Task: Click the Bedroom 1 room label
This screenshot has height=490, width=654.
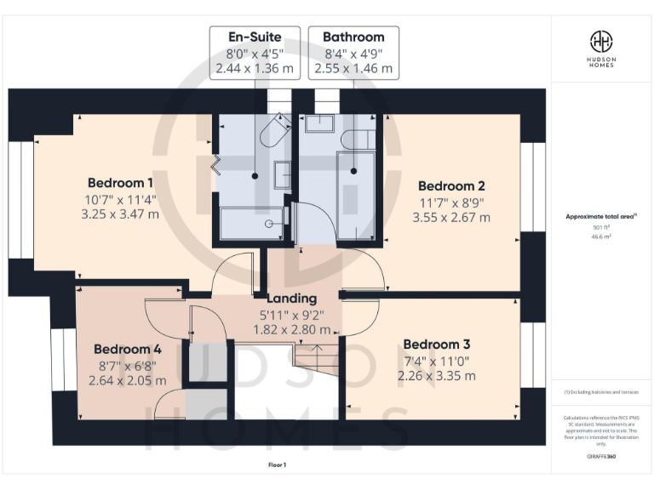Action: (x=121, y=183)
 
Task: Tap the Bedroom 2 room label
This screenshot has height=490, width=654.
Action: (x=451, y=186)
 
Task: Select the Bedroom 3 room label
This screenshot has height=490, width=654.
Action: (x=436, y=345)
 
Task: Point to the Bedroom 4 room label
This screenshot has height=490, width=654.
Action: (x=128, y=349)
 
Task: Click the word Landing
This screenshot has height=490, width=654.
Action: (x=291, y=299)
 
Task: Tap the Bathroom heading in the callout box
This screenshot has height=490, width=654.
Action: (x=353, y=37)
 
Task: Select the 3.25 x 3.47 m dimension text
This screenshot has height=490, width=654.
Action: (x=121, y=214)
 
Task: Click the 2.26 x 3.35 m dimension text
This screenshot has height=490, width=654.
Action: (x=436, y=375)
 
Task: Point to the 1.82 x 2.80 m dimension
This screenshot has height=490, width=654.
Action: (x=291, y=329)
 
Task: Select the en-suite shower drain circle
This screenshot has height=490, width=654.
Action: (x=269, y=224)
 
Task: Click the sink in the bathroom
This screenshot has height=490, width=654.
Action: (x=319, y=124)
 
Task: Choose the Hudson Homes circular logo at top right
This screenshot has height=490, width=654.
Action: (x=602, y=41)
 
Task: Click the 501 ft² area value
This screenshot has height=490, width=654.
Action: (x=602, y=228)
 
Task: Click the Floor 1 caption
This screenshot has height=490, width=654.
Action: (x=278, y=465)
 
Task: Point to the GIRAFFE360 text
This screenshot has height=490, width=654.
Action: (x=601, y=457)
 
